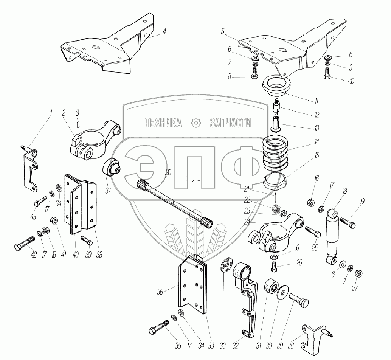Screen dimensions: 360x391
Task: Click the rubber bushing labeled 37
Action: [x=112, y=168]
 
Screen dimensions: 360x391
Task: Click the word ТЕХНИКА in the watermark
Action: [x=163, y=122]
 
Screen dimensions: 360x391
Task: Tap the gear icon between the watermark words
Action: [x=196, y=122]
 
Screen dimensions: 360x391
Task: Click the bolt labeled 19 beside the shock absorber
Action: [x=348, y=223]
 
